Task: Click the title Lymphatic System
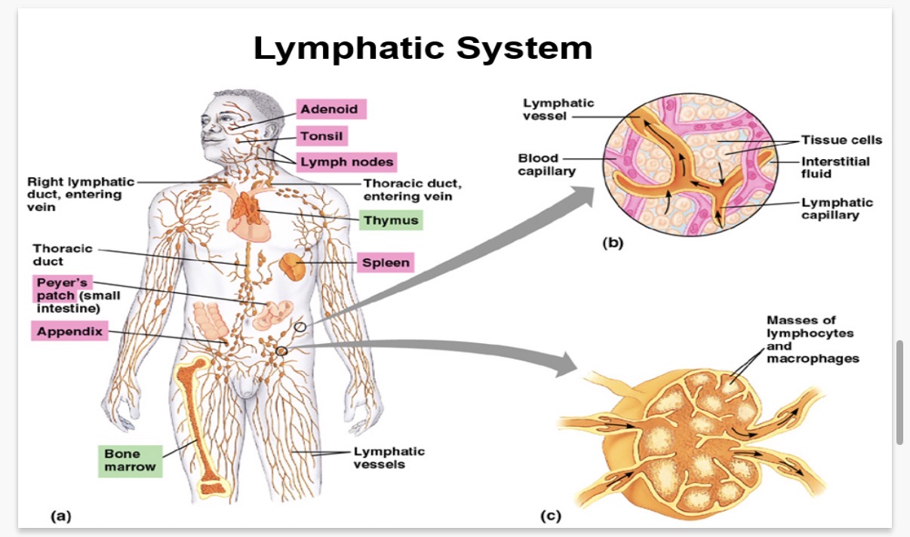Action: (x=423, y=48)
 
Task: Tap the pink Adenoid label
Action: (x=330, y=109)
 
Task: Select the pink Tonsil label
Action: (x=321, y=137)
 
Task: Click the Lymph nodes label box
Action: (x=346, y=161)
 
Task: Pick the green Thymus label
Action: (x=389, y=221)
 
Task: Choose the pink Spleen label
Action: (x=386, y=263)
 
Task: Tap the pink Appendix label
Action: (x=69, y=330)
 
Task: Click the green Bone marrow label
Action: (x=130, y=461)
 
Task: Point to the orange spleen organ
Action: (x=292, y=266)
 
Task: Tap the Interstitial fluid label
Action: (x=835, y=167)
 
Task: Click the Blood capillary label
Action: (x=546, y=164)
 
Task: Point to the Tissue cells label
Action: (x=841, y=140)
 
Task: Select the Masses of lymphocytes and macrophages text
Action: (x=812, y=339)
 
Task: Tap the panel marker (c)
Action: (x=550, y=516)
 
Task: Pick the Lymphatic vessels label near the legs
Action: (x=389, y=458)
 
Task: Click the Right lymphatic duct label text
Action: (x=80, y=194)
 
